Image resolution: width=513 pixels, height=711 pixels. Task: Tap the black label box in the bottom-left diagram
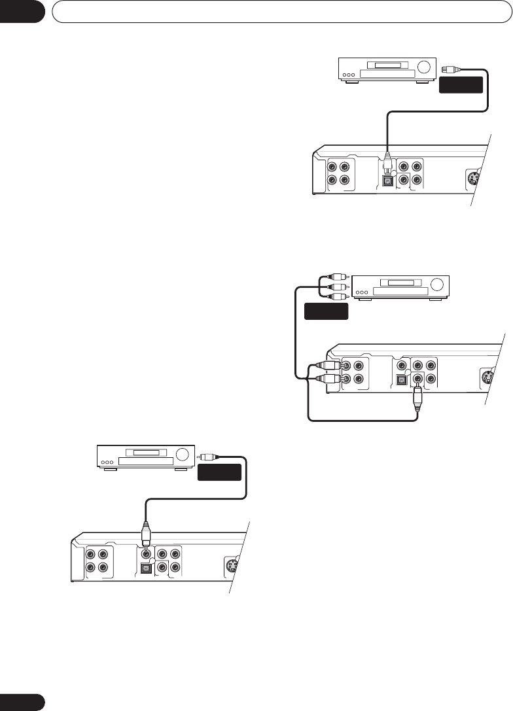(x=220, y=472)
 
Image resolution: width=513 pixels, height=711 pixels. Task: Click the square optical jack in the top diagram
(x=389, y=179)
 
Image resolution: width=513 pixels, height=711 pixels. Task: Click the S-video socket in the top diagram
(x=474, y=177)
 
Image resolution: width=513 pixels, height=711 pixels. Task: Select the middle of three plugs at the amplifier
(x=339, y=286)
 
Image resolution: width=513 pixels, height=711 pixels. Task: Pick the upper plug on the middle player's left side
(x=330, y=367)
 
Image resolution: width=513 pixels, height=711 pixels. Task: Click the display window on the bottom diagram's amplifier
(x=146, y=452)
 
